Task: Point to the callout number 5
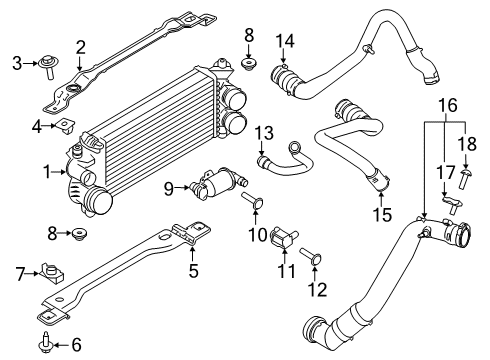(x=193, y=268)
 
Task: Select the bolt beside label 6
(x=47, y=344)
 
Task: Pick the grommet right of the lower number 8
(x=80, y=236)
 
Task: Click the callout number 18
(x=468, y=145)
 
